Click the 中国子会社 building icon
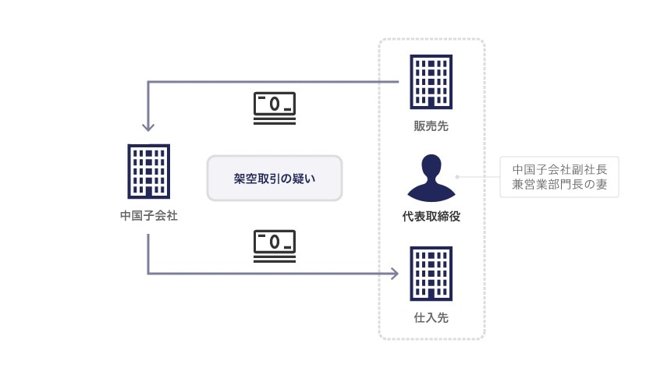(148, 171)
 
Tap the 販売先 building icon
(431, 81)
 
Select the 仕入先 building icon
(431, 274)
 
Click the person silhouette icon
(431, 177)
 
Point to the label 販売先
(431, 126)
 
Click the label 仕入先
(431, 318)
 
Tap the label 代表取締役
(431, 216)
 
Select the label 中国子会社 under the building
(148, 215)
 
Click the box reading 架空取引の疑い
(275, 179)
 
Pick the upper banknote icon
(275, 107)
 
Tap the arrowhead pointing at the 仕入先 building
(395, 274)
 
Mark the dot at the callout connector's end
(457, 177)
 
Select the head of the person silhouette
(431, 166)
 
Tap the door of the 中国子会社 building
(148, 190)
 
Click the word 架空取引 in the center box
(257, 179)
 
